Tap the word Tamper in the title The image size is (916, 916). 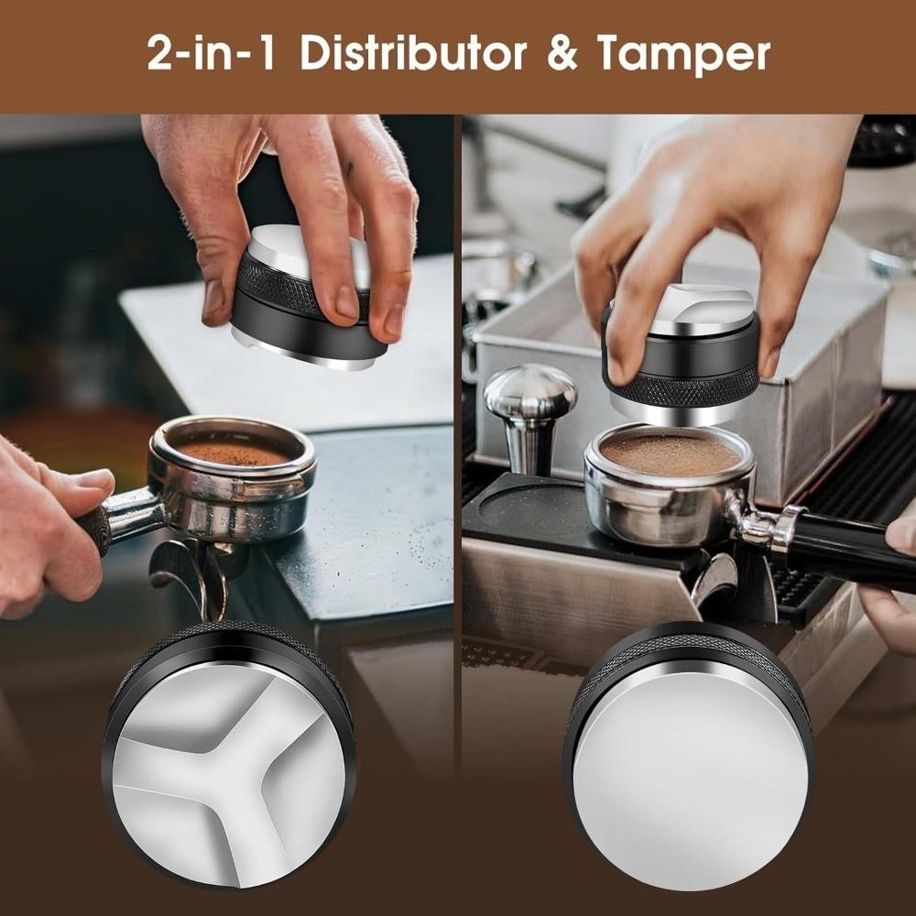click(683, 54)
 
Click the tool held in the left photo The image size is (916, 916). click(302, 302)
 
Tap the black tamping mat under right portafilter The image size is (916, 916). click(522, 522)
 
